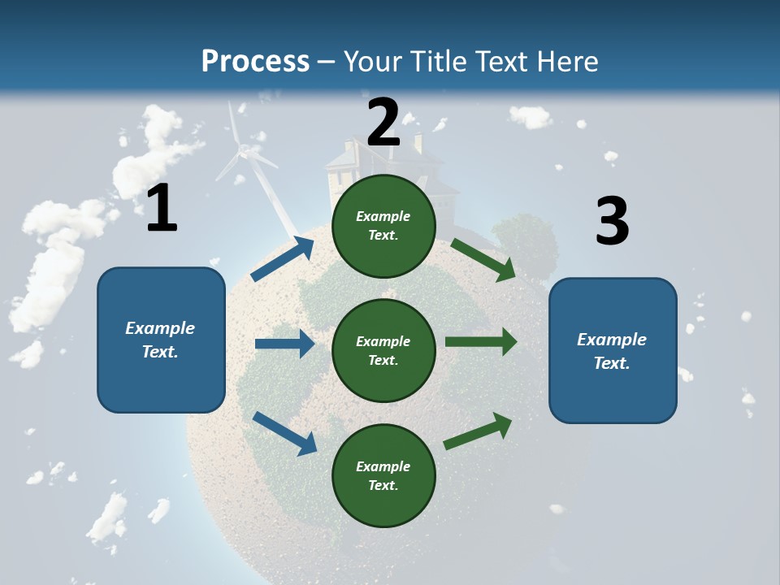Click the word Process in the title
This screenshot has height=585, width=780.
tap(255, 62)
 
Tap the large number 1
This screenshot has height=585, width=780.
tap(162, 208)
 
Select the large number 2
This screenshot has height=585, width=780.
tap(383, 123)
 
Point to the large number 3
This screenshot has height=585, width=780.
tap(612, 221)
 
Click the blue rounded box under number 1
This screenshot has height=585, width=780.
tap(161, 340)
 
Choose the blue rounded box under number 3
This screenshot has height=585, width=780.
tap(613, 350)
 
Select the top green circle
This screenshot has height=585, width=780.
tap(383, 226)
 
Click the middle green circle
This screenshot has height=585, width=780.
tap(383, 351)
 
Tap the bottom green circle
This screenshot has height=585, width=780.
tap(383, 476)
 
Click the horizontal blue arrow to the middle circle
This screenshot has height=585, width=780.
tap(284, 344)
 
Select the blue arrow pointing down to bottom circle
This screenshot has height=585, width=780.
tap(284, 433)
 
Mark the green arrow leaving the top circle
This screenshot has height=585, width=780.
tap(483, 259)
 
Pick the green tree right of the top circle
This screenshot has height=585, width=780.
tap(526, 240)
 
